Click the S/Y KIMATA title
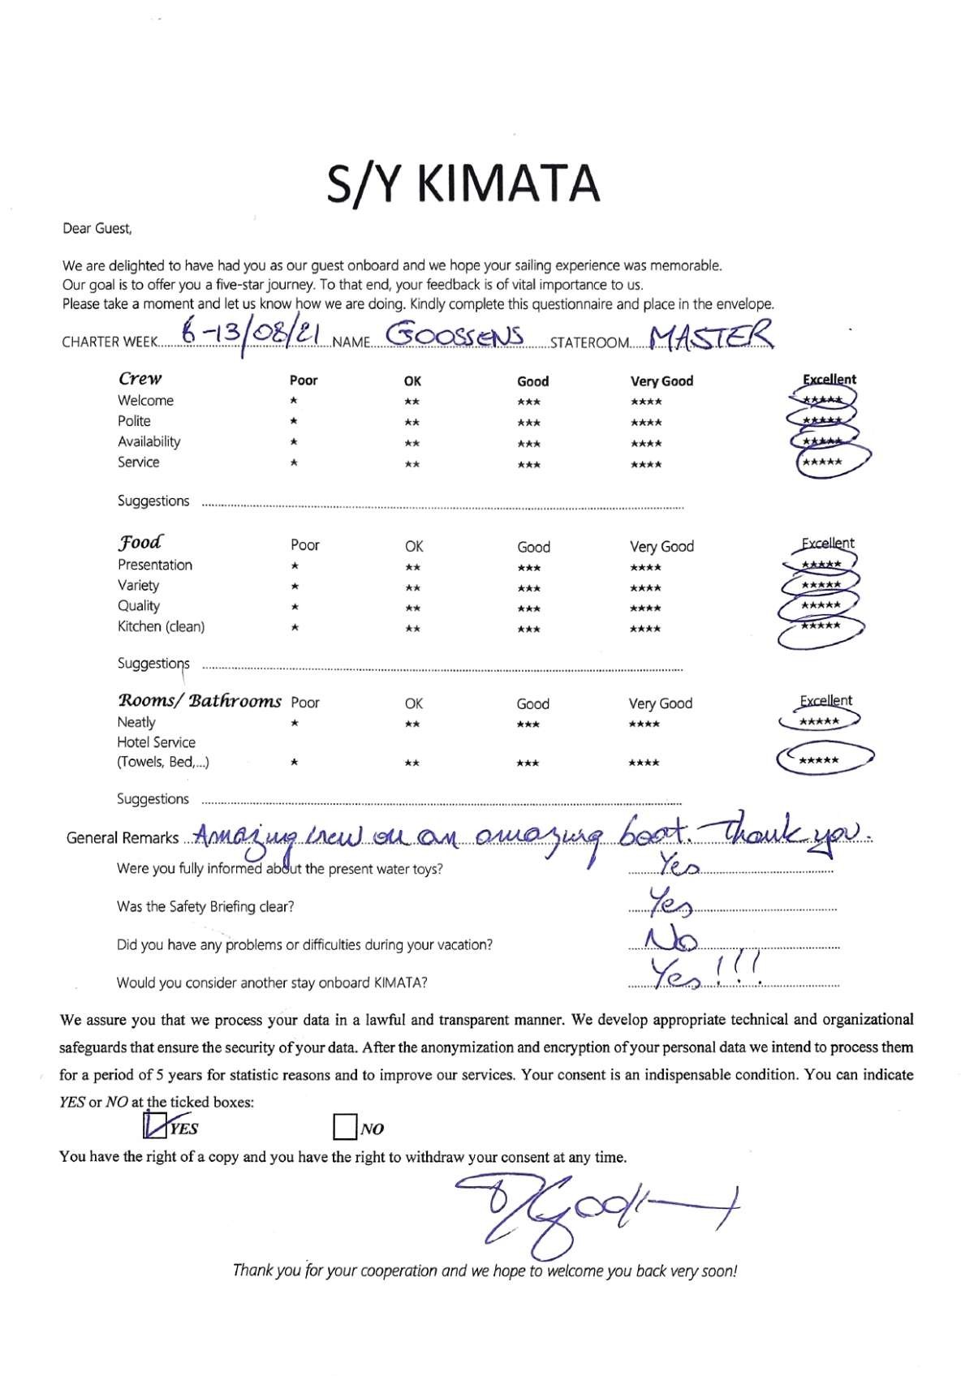pyautogui.click(x=463, y=183)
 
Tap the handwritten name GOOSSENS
pyautogui.click(x=455, y=335)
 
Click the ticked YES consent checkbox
pyautogui.click(x=154, y=1126)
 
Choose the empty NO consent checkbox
pyautogui.click(x=345, y=1127)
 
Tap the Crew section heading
pyautogui.click(x=140, y=378)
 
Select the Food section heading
pyautogui.click(x=140, y=543)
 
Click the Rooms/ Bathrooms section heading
pyautogui.click(x=200, y=701)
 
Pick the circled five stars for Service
pyautogui.click(x=822, y=462)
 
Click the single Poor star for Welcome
pyautogui.click(x=294, y=401)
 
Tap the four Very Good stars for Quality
pyautogui.click(x=646, y=608)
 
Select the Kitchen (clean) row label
pyautogui.click(x=161, y=626)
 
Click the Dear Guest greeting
pyautogui.click(x=97, y=229)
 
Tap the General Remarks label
pyautogui.click(x=123, y=838)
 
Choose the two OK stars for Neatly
pyautogui.click(x=412, y=724)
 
